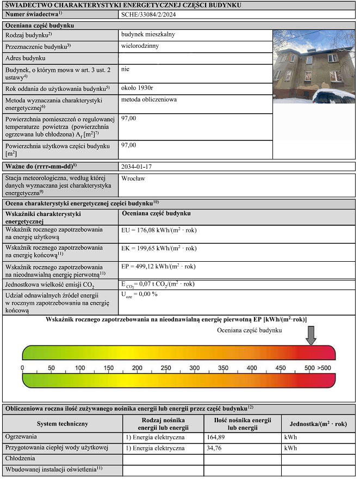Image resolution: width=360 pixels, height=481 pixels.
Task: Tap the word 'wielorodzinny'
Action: pyautogui.click(x=140, y=46)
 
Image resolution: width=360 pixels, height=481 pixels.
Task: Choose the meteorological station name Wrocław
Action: pyautogui.click(x=133, y=178)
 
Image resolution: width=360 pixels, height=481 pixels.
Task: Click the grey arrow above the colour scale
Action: pyautogui.click(x=311, y=336)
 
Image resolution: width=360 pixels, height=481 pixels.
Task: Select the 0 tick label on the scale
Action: pyautogui.click(x=22, y=368)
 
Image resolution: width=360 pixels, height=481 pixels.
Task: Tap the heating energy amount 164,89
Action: pyautogui.click(x=218, y=437)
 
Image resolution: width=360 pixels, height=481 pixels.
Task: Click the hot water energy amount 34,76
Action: pyautogui.click(x=216, y=448)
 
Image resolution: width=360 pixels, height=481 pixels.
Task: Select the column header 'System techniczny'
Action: pyautogui.click(x=62, y=423)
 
